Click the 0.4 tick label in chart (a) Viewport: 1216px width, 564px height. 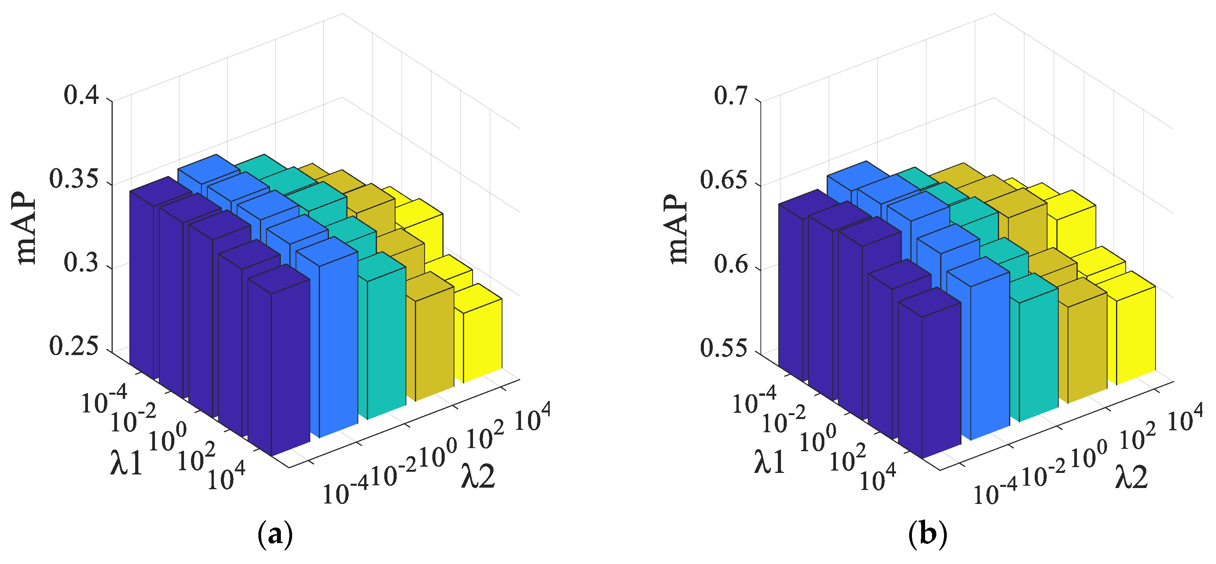click(x=81, y=96)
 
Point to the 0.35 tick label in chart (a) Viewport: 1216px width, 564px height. click(x=74, y=180)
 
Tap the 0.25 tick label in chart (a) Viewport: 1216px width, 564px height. click(x=74, y=347)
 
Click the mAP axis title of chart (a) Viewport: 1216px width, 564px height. click(x=26, y=229)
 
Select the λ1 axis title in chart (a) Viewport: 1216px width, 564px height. click(x=127, y=463)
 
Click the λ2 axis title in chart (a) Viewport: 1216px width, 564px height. click(x=478, y=476)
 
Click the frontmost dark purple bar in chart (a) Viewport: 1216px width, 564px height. click(x=289, y=369)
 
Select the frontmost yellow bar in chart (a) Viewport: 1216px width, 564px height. click(x=482, y=340)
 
